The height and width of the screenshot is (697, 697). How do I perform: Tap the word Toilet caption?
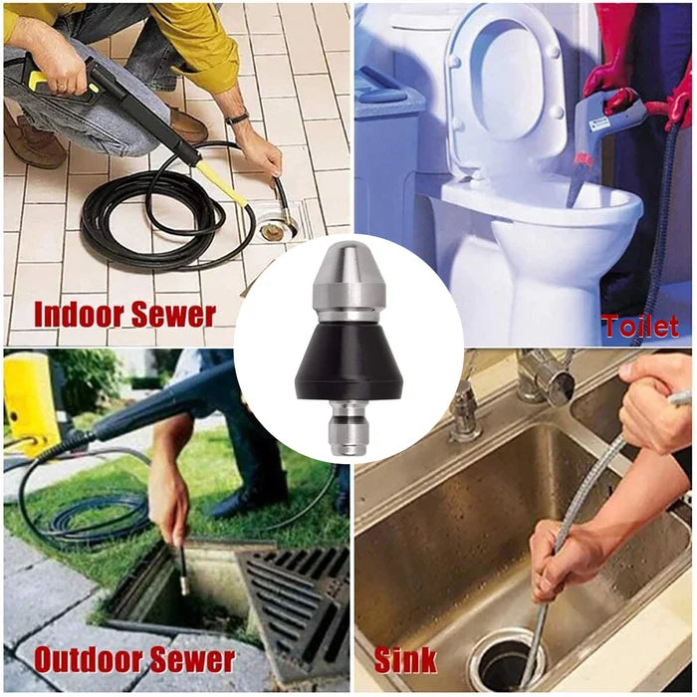click(639, 326)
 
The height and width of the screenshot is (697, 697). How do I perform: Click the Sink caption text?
click(405, 659)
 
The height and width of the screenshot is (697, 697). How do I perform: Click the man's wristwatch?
click(237, 117)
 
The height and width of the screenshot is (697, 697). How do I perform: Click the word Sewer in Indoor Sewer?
click(176, 315)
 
